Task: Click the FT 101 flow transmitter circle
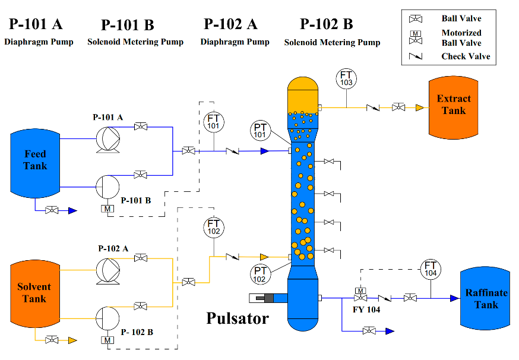[x=213, y=122]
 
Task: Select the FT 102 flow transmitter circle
[x=213, y=227]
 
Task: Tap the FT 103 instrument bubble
[x=346, y=78]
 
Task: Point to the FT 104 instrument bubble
[x=431, y=269]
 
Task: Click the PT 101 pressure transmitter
[x=259, y=131]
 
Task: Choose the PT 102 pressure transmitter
[x=259, y=274]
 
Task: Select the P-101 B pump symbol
[x=107, y=187]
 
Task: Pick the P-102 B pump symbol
[x=107, y=317]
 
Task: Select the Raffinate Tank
[x=486, y=298]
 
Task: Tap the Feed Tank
[x=35, y=160]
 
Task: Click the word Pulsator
[x=238, y=318]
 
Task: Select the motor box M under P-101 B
[x=107, y=209]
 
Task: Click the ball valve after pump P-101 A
[x=141, y=127]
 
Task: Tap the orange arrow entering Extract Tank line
[x=419, y=108]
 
